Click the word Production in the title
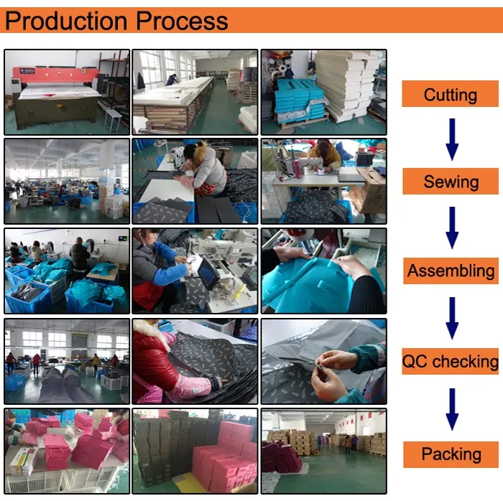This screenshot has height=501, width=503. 66,21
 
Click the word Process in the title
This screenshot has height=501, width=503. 182,21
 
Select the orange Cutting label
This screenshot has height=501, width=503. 450,94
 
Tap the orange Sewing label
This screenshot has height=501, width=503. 451,182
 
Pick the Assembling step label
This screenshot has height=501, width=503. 451,271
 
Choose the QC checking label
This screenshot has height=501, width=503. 450,361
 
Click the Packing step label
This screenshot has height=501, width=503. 451,454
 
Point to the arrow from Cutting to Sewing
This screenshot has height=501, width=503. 452,139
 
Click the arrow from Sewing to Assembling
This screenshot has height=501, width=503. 452,228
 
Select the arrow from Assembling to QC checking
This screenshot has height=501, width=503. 452,318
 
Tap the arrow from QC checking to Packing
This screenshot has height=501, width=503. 452,409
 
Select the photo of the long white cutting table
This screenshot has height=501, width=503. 195,92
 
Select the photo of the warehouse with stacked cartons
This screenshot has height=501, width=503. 324,451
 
